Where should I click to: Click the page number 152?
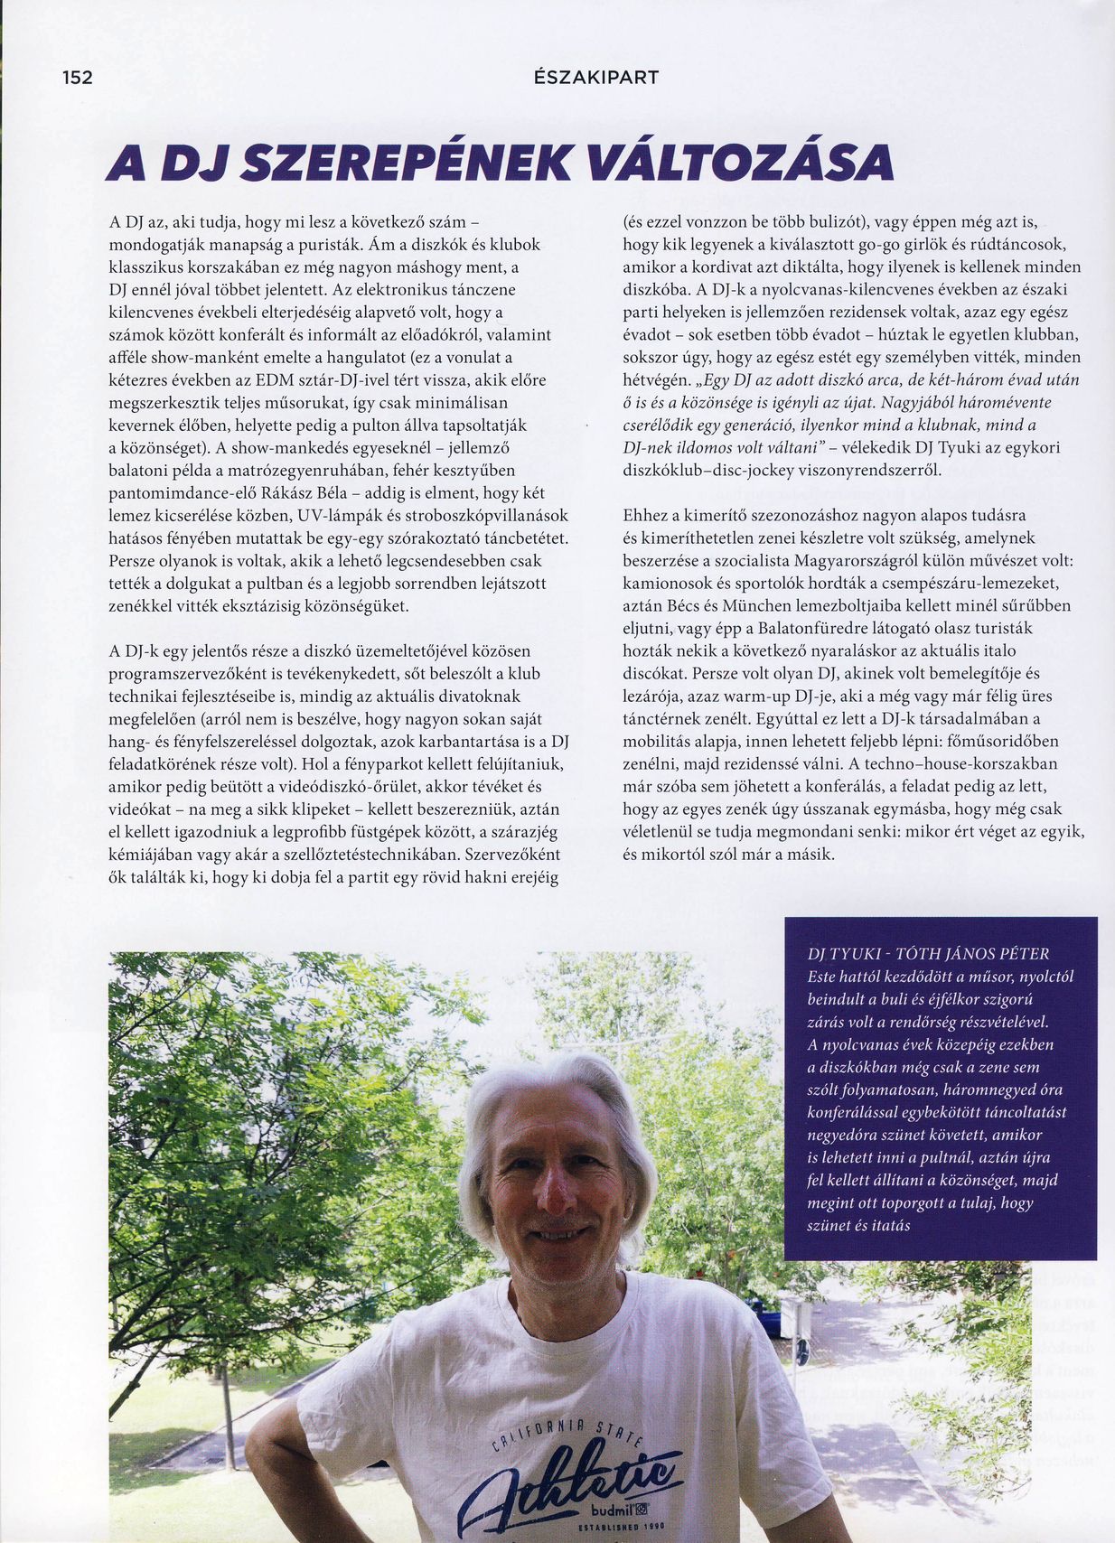pyautogui.click(x=78, y=78)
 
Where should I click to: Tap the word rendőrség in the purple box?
pyautogui.click(x=942, y=1023)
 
